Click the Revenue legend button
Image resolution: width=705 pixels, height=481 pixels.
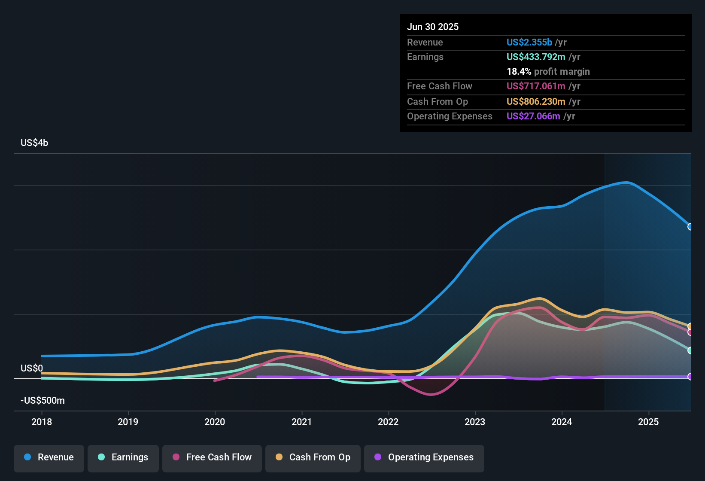[x=49, y=457]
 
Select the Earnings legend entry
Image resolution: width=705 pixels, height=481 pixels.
[x=123, y=457]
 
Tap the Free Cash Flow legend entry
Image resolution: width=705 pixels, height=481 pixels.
[x=212, y=457]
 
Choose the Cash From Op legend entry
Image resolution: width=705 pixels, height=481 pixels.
[x=313, y=457]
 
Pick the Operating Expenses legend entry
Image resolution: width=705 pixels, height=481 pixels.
[x=424, y=457]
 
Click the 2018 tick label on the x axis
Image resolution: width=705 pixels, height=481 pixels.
[x=42, y=422]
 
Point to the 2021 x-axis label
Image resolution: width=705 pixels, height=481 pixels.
[x=301, y=422]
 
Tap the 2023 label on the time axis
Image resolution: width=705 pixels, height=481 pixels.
[x=475, y=422]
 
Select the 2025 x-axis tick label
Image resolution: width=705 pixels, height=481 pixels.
[x=648, y=422]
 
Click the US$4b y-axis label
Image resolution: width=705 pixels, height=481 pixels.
[x=34, y=143]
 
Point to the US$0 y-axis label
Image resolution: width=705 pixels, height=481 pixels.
[x=32, y=368]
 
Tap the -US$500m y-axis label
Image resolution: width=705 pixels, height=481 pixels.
[x=43, y=401]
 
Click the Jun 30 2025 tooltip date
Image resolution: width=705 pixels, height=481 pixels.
[x=433, y=27]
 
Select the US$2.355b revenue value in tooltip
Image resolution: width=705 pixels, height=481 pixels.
[x=529, y=43]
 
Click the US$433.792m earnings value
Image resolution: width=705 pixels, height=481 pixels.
[x=536, y=57]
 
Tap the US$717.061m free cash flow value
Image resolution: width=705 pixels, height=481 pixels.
[x=536, y=86]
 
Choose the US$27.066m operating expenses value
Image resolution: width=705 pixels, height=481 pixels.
[x=533, y=116]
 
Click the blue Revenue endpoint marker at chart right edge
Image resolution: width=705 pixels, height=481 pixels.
[x=690, y=227]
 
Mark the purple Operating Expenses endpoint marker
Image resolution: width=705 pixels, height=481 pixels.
[x=690, y=377]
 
